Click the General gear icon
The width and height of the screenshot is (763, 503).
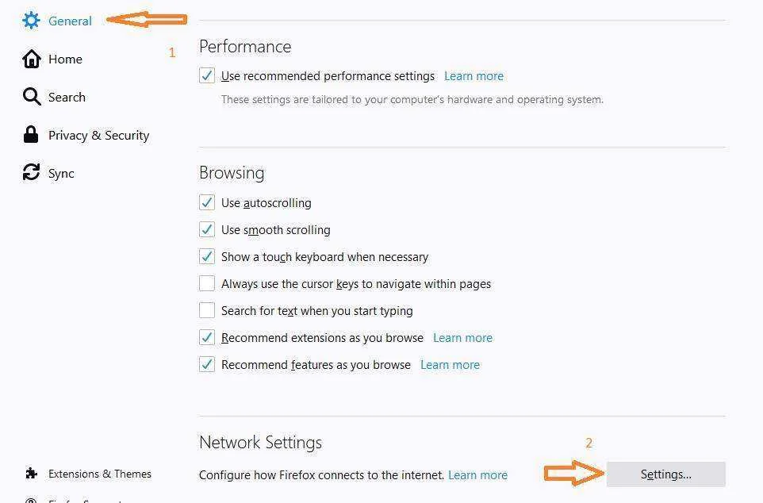point(31,21)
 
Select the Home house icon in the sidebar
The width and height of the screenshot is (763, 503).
point(32,59)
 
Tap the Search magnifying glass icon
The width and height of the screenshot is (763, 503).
point(32,97)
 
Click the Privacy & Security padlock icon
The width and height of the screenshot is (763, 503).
point(31,134)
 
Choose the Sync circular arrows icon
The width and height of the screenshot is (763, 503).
point(31,172)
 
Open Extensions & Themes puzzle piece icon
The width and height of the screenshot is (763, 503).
point(31,474)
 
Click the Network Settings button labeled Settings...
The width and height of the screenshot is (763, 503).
point(665,474)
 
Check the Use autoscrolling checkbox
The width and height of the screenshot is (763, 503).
point(207,202)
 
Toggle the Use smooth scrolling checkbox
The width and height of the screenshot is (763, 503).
point(207,229)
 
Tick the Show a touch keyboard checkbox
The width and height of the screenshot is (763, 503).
point(207,256)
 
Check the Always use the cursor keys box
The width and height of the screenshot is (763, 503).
point(207,283)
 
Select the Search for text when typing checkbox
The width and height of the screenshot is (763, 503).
point(207,310)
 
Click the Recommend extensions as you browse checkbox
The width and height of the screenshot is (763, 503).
point(207,337)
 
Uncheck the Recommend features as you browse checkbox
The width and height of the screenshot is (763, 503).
point(207,364)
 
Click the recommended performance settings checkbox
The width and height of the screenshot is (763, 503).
point(207,75)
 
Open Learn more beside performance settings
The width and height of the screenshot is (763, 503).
point(474,76)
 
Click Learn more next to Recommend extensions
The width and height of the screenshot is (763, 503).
point(462,338)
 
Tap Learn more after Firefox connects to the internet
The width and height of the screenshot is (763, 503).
point(477,474)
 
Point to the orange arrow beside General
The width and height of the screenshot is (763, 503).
point(147,20)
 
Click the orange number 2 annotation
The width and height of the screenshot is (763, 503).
point(589,443)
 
